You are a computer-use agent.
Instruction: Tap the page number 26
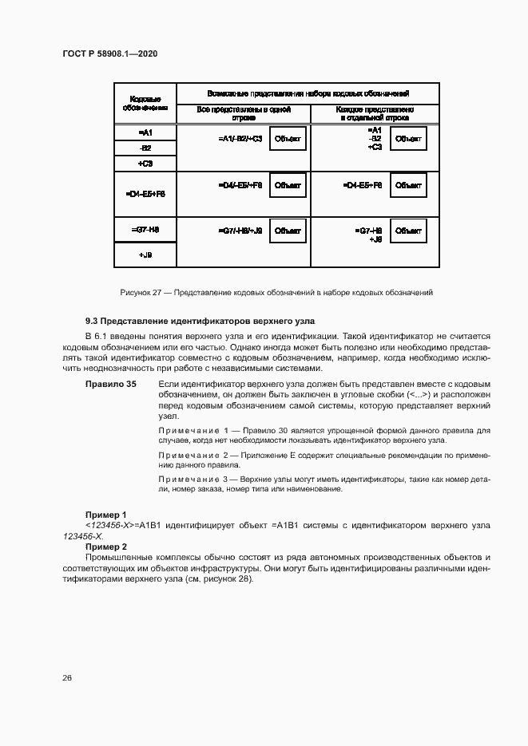[67, 677]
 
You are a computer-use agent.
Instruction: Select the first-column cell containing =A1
[145, 132]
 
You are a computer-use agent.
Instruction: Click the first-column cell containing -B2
[145, 148]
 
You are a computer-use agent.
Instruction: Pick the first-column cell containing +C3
[145, 163]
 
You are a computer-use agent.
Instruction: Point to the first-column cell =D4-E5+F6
[145, 194]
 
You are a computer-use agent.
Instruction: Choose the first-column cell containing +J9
[145, 255]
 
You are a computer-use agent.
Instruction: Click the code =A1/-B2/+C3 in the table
[240, 139]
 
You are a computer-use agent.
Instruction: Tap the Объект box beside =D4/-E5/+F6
[287, 185]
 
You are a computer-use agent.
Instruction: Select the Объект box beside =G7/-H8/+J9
[287, 231]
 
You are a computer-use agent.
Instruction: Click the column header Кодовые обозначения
[145, 103]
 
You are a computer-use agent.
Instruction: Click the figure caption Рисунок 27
[276, 293]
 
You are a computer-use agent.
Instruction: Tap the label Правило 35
[111, 385]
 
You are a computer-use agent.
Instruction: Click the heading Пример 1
[105, 515]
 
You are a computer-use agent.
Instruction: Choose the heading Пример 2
[105, 546]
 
